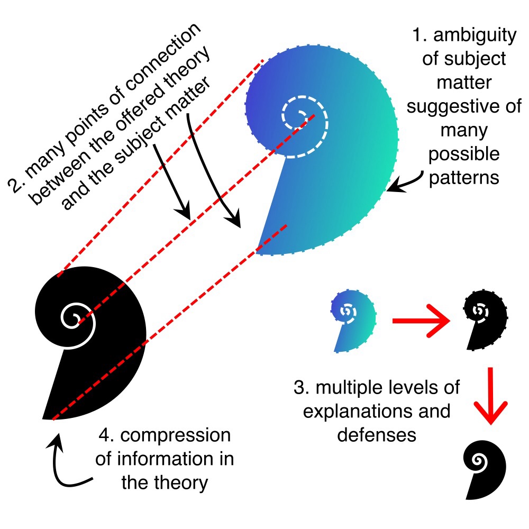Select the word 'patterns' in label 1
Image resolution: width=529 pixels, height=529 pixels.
point(464,178)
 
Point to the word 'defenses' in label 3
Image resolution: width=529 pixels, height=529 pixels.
point(376,434)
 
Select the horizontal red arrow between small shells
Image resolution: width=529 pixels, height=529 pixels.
point(421,321)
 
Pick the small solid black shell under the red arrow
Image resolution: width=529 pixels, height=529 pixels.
point(485,469)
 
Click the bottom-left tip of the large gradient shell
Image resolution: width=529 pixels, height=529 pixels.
point(258,253)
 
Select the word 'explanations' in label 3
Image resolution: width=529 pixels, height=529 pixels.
point(376,411)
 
